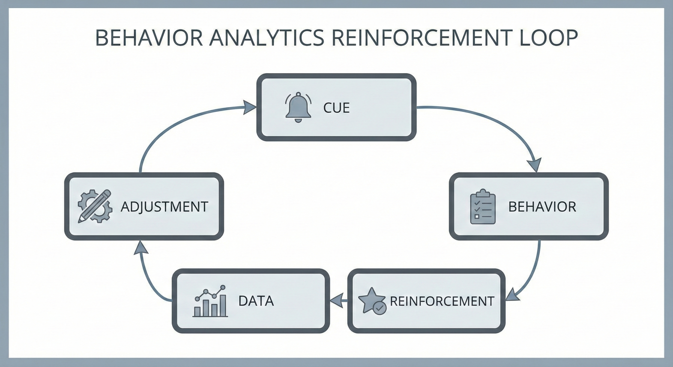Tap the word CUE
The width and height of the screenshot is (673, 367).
336,108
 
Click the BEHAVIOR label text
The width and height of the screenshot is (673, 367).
542,207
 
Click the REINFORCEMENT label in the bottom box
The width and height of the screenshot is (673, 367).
442,301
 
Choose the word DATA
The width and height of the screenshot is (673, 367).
256,301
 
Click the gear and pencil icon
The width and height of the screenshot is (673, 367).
95,206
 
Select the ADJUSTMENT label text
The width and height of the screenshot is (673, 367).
165,207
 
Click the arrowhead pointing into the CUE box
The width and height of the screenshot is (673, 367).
249,107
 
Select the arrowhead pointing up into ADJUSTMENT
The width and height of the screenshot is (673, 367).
141,248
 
